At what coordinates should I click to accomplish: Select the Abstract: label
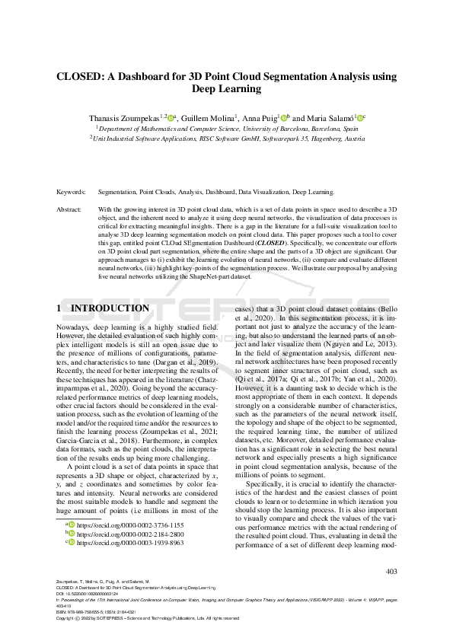coord(70,208)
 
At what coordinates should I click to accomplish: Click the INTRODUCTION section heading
coord(110,308)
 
